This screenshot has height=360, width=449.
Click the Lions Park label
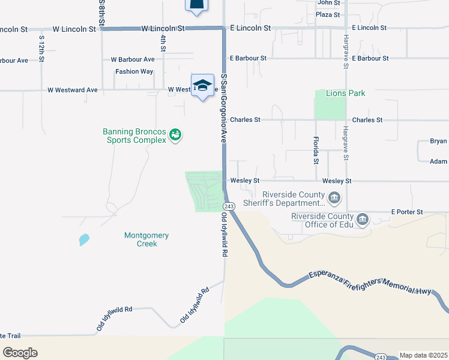tap(345, 94)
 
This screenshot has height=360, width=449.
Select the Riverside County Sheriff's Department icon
tap(335, 197)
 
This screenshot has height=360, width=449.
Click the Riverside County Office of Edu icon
tap(363, 220)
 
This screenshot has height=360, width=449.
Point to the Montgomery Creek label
tap(146, 239)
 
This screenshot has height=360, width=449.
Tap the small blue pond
tap(84, 240)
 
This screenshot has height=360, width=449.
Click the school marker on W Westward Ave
tap(203, 85)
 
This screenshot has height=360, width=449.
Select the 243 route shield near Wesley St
tap(232, 206)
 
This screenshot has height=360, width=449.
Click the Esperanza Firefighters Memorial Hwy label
tap(370, 283)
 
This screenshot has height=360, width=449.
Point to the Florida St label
tap(316, 150)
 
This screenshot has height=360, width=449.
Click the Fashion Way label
tap(134, 71)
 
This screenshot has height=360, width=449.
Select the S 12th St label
tap(41, 50)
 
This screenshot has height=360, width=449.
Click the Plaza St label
tap(328, 14)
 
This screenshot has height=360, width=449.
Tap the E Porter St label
tap(407, 212)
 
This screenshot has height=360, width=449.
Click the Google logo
tap(20, 353)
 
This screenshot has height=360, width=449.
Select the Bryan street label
tap(438, 142)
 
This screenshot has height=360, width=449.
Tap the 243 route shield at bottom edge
tap(381, 357)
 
